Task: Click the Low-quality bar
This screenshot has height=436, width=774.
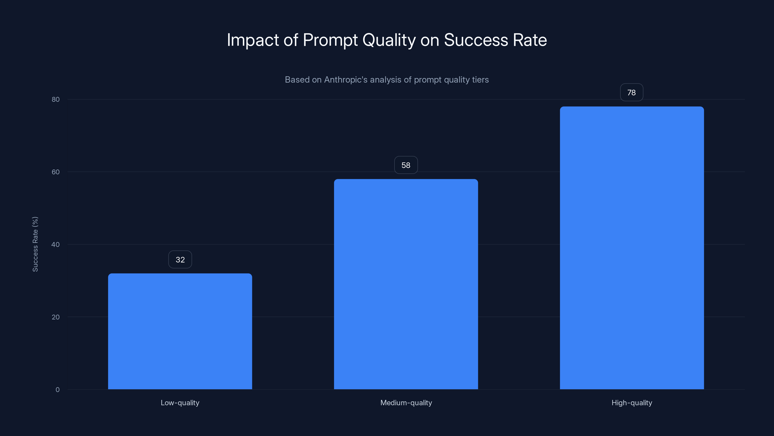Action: coord(180,331)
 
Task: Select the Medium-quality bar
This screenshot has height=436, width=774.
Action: coord(406,284)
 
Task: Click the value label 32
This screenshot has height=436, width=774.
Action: coord(180,260)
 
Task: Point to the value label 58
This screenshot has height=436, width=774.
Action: coord(406,165)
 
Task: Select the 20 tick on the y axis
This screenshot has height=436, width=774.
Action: coord(56,317)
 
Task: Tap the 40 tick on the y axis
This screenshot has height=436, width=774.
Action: coord(56,245)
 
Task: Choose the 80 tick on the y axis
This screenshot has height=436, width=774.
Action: coord(56,100)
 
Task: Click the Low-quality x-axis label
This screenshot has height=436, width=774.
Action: coord(180,403)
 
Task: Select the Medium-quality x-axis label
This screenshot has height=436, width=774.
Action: coord(406,403)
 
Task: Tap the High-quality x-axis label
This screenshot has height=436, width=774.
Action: coord(632,403)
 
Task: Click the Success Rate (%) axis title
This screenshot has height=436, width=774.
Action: coord(35,244)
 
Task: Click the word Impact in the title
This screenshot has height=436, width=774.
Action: coord(253,40)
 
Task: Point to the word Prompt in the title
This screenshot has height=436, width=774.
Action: coord(330,40)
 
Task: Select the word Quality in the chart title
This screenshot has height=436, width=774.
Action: coord(389,40)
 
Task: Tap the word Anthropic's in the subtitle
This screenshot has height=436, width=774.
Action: coord(346,80)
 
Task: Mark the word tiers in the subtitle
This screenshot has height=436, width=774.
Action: coord(480,80)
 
